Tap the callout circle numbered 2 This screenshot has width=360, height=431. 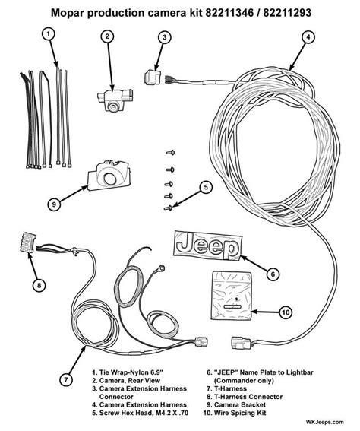(108, 36)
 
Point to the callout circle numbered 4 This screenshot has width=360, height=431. (307, 36)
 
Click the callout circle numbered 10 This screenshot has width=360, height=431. (285, 311)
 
